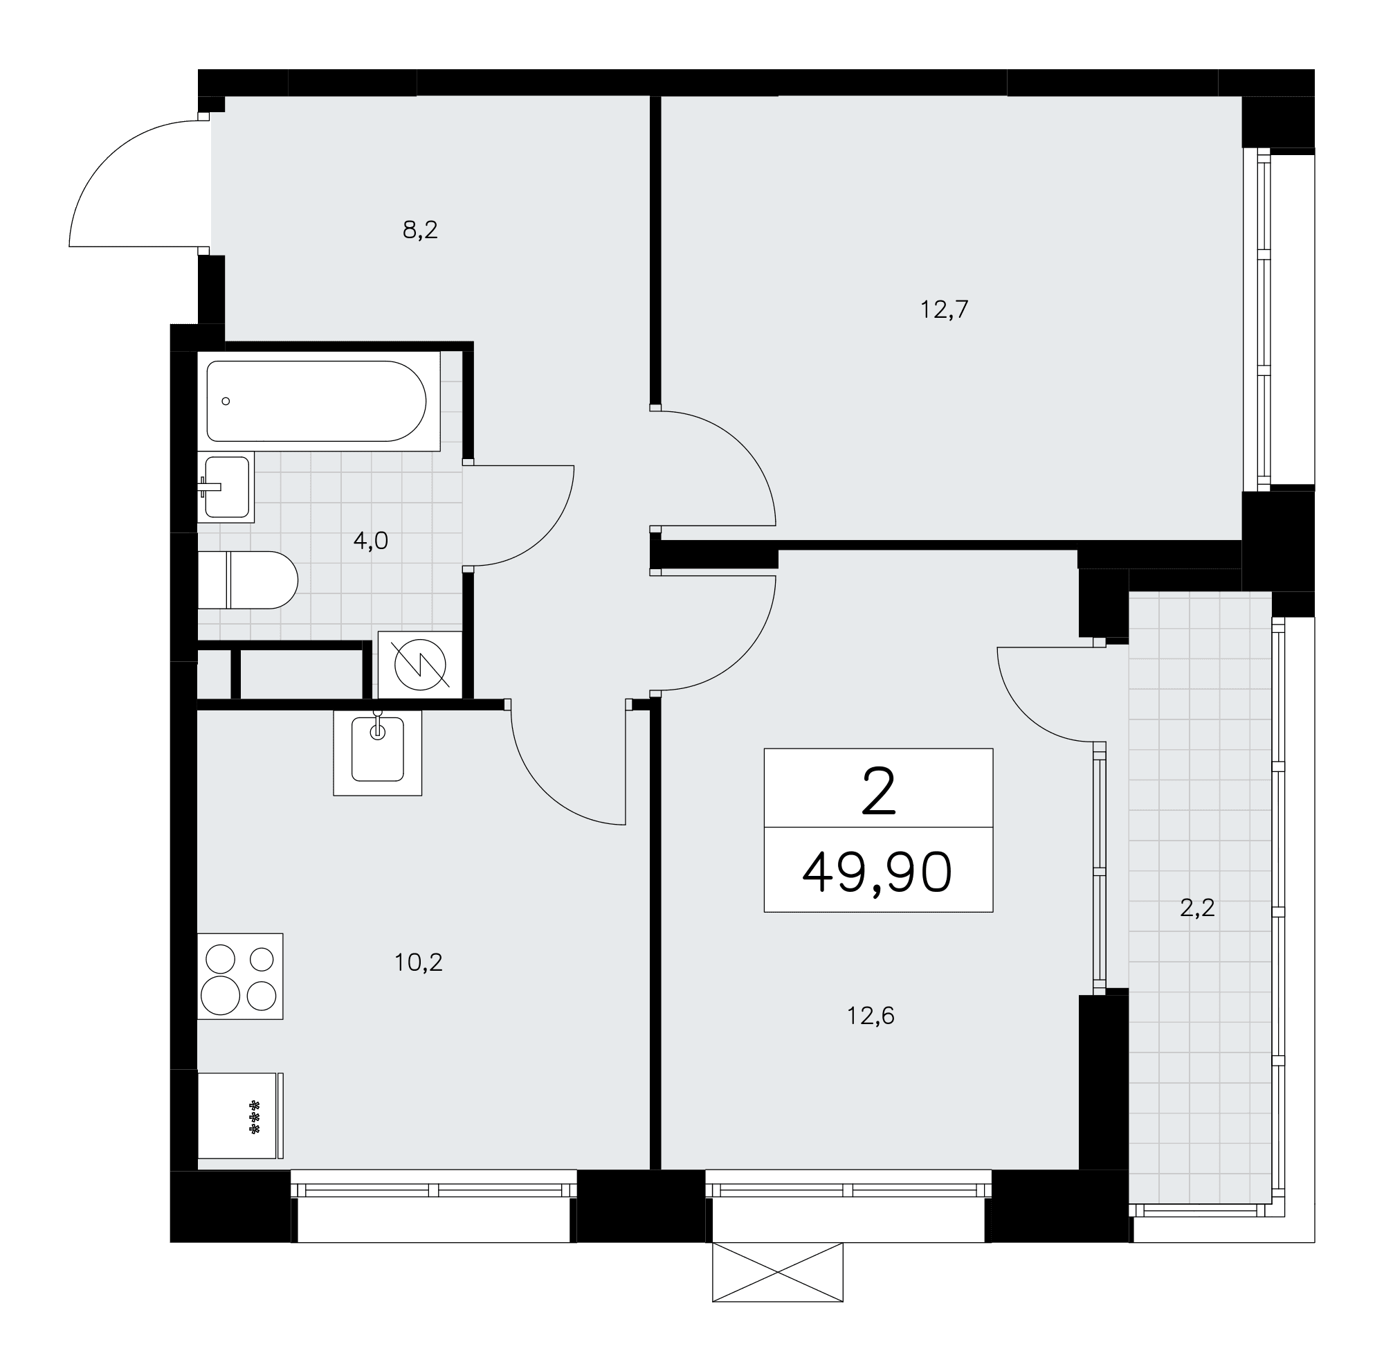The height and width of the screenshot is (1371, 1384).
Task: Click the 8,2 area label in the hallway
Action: (x=420, y=230)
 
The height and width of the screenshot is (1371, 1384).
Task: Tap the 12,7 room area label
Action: (x=944, y=310)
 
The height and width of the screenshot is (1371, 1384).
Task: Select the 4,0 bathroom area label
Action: (x=370, y=540)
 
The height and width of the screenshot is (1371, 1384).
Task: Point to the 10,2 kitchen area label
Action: (x=419, y=962)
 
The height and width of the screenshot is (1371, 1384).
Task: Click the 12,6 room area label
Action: (x=871, y=1016)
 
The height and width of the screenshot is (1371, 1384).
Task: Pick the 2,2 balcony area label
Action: (x=1197, y=908)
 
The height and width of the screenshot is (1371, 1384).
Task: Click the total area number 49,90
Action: (x=877, y=873)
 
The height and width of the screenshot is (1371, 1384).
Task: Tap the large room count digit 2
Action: (x=879, y=791)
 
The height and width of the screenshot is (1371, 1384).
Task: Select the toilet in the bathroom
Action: (x=247, y=580)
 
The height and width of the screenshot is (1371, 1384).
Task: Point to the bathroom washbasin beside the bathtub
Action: (x=226, y=487)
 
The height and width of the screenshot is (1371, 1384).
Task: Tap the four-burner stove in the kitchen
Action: (x=240, y=976)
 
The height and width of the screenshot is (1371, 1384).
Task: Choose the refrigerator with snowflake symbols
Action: (x=240, y=1116)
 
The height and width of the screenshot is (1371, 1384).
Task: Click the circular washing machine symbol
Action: (x=421, y=664)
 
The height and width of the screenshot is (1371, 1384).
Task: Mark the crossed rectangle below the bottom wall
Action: (x=777, y=1272)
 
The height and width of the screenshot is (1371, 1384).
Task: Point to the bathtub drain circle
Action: (x=226, y=402)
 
